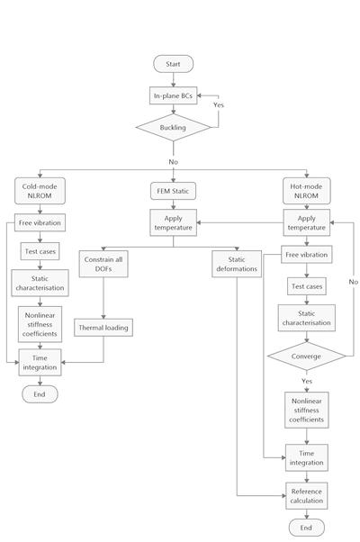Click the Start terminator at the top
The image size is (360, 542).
(173, 64)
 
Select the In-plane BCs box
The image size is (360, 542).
(173, 95)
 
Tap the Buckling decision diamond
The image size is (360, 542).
(173, 128)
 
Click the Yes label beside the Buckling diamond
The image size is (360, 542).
(219, 105)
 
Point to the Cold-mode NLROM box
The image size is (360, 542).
(40, 191)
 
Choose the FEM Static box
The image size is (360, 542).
(173, 191)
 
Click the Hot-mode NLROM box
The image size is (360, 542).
(306, 191)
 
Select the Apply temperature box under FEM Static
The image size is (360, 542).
(173, 222)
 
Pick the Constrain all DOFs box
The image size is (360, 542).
(103, 264)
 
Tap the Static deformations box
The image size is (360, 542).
(237, 264)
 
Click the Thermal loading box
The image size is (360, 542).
(103, 328)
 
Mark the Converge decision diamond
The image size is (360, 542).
(306, 357)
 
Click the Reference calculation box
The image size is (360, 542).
(306, 496)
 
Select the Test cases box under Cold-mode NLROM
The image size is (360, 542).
(40, 251)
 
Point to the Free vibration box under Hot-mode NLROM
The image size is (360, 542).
(306, 255)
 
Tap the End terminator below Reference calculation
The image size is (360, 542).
(306, 528)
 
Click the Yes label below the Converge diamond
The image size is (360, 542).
(306, 381)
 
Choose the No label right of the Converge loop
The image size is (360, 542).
(353, 282)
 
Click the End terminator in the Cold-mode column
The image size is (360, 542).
(40, 394)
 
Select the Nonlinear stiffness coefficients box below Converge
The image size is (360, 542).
(306, 411)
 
